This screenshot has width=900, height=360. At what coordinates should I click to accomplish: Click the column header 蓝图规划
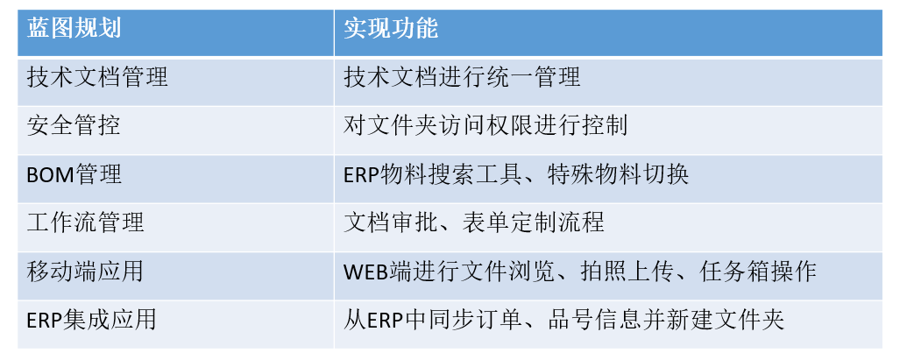tap(74, 28)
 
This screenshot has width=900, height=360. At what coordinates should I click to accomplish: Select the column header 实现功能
tap(391, 28)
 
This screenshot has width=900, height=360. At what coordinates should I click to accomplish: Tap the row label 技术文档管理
tap(97, 77)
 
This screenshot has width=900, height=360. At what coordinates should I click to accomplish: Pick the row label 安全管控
tap(74, 125)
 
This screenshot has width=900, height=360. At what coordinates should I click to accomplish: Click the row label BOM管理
tap(74, 173)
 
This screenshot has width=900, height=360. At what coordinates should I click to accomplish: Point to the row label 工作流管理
tap(86, 222)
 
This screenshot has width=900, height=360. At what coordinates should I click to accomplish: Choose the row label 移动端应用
tap(86, 271)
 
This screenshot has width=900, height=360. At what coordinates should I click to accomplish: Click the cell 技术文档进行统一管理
tap(462, 77)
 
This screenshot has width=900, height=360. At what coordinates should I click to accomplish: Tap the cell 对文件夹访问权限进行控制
tap(485, 125)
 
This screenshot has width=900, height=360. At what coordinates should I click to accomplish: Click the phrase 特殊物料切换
tap(618, 173)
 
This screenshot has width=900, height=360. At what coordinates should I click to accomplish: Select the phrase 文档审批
tap(391, 222)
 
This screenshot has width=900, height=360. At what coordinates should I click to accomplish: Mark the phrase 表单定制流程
tap(533, 222)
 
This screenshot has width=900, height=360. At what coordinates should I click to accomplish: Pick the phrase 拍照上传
tap(628, 271)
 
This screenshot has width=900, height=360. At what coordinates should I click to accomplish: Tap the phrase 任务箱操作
tap(758, 271)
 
